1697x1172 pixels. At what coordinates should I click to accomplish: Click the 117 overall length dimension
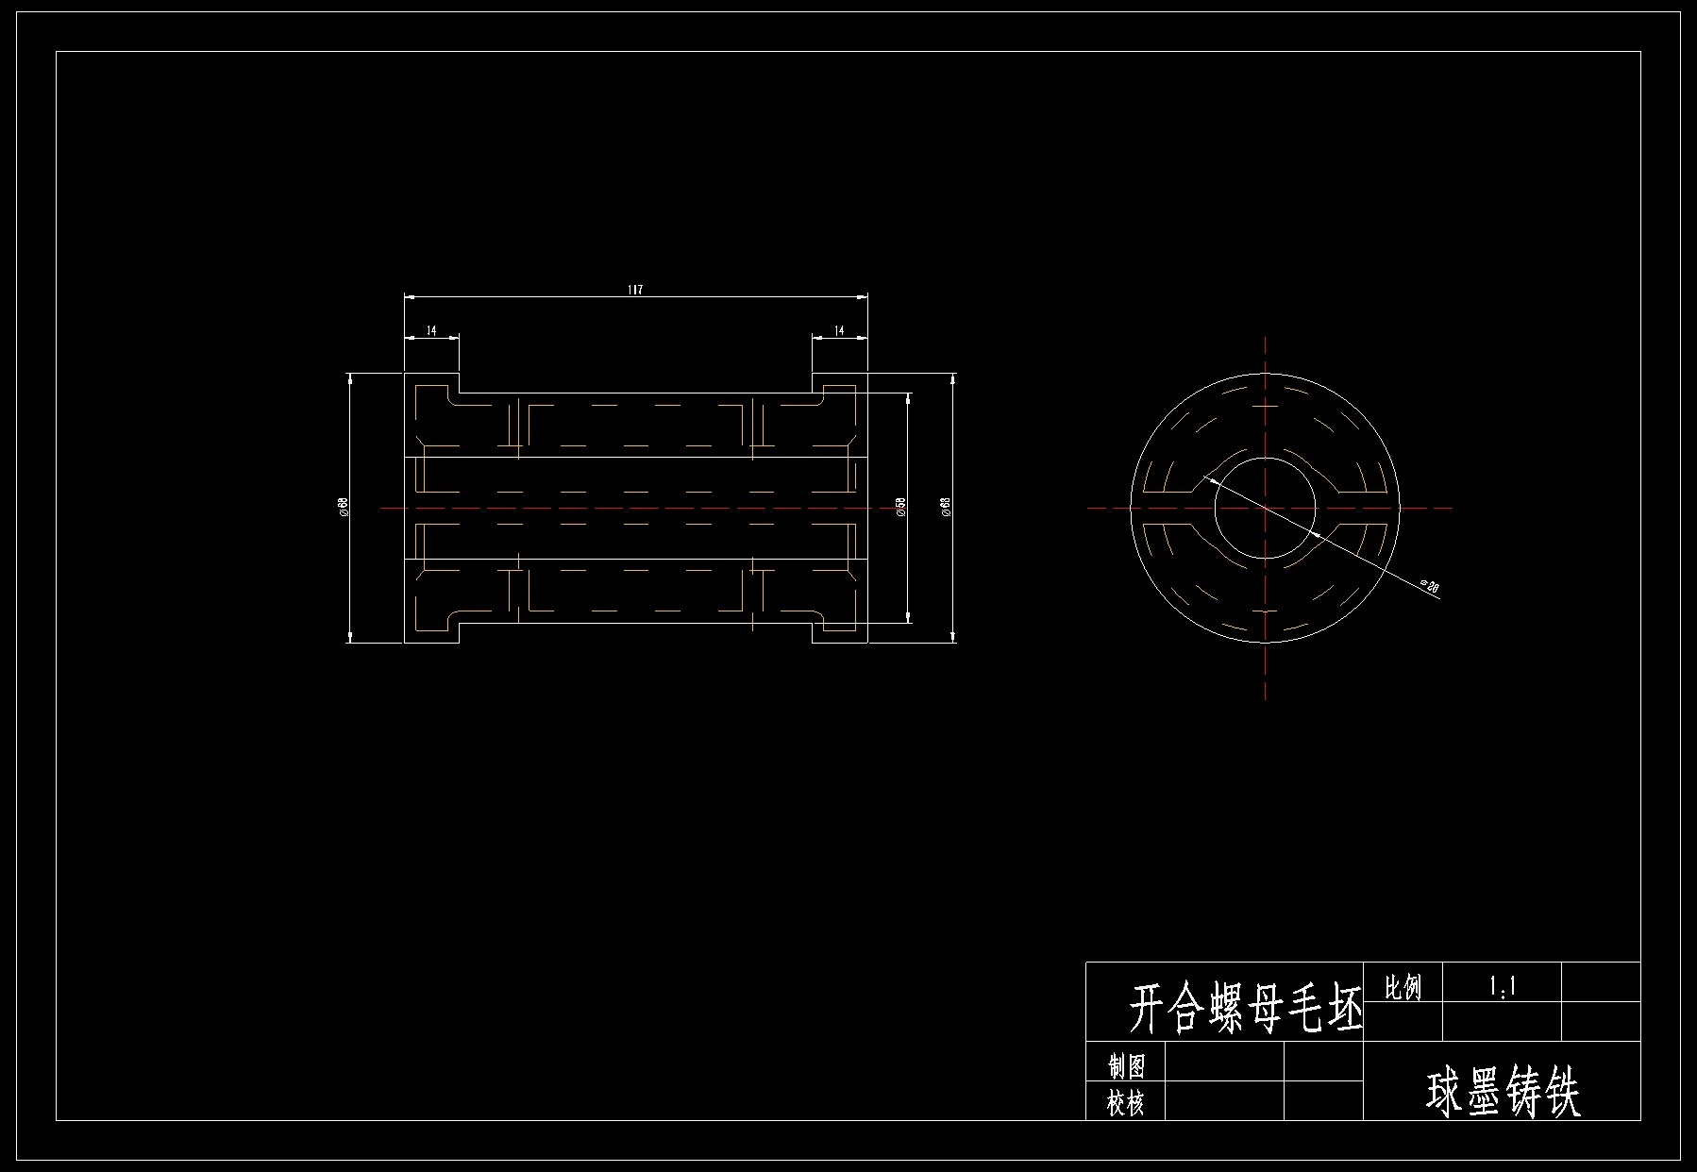tap(635, 289)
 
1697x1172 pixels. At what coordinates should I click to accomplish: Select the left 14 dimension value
tap(431, 330)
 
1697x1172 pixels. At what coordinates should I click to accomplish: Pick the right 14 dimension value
tap(839, 330)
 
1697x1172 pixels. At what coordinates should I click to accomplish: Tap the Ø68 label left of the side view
tap(344, 507)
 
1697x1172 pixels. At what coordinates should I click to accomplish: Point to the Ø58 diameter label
tap(900, 507)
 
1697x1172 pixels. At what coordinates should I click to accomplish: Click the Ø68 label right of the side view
tap(946, 507)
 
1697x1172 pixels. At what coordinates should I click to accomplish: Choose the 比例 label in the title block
tap(1403, 987)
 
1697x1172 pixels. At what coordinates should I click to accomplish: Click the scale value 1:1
tap(1502, 987)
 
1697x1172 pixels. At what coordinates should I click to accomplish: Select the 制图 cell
tap(1126, 1065)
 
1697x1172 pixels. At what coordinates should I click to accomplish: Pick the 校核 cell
tap(1126, 1102)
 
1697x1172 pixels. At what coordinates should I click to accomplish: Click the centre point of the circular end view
tap(1265, 508)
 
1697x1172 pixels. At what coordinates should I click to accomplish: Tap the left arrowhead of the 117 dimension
tap(409, 296)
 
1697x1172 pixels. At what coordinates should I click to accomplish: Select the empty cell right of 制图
tap(1224, 1062)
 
